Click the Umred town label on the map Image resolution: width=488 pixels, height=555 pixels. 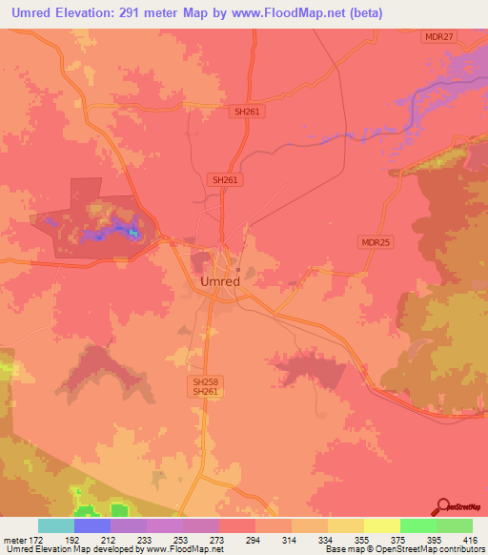pos(220,281)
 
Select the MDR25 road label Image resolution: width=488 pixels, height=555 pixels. pos(374,242)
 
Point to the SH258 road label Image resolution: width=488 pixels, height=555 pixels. pos(200,380)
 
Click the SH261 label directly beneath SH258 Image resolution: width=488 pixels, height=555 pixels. pos(200,391)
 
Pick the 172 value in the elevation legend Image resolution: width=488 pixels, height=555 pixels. pos(36,540)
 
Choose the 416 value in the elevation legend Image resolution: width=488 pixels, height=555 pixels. pos(470,540)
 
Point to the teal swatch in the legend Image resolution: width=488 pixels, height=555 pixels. pos(56,525)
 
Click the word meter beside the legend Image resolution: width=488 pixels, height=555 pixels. pos(14,540)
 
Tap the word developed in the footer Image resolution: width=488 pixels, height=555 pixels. pos(115,550)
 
